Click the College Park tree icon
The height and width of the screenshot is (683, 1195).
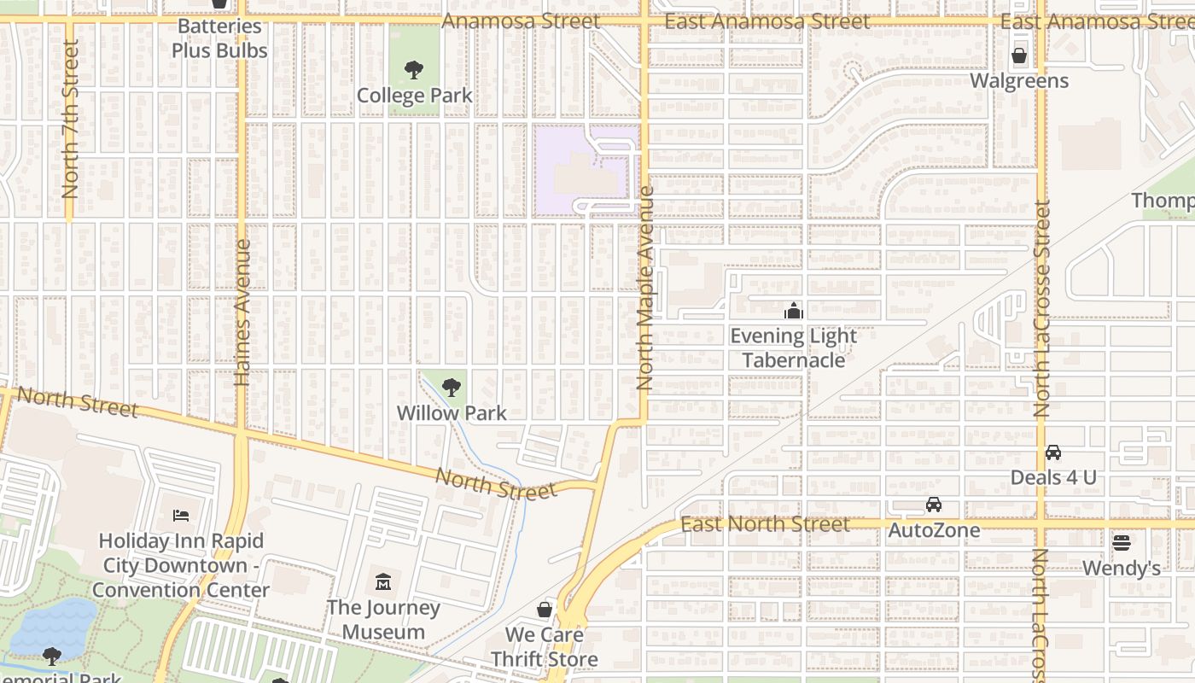(414, 69)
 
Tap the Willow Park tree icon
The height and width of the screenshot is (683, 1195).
(451, 388)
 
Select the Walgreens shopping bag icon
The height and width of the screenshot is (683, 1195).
(1019, 56)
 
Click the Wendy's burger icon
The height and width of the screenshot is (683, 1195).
(1122, 542)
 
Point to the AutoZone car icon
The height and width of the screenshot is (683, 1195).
(934, 505)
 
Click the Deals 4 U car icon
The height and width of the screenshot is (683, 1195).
(1053, 452)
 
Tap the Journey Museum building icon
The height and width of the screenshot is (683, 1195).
(383, 582)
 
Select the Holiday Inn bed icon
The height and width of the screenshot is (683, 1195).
(181, 515)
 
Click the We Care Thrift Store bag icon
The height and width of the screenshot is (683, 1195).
(545, 610)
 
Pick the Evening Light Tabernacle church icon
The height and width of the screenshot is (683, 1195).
(794, 311)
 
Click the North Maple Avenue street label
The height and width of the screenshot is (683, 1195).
(644, 289)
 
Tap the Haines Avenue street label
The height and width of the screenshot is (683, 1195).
(242, 312)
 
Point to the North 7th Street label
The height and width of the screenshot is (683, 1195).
(70, 120)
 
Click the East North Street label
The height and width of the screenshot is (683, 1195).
(765, 524)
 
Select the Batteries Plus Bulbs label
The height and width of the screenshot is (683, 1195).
(219, 38)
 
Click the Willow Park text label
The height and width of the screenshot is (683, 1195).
(452, 413)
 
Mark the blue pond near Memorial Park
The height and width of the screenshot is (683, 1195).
(55, 627)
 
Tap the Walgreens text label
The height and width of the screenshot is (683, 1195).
(1019, 81)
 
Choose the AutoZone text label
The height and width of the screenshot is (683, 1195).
(934, 530)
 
